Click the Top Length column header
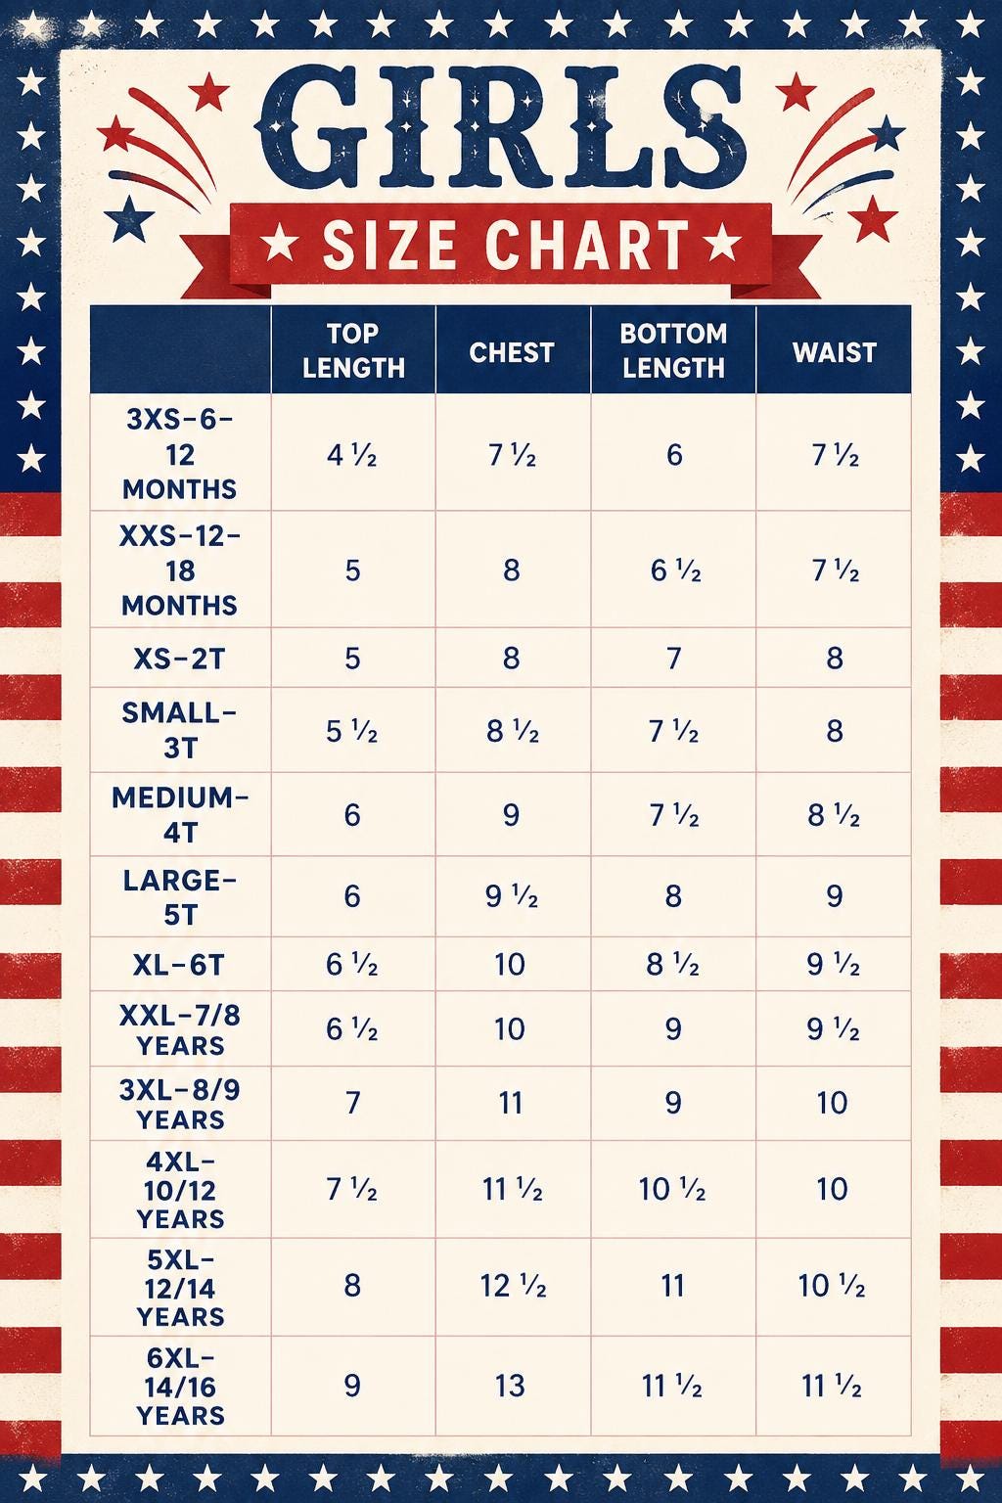(x=353, y=350)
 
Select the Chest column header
(x=512, y=352)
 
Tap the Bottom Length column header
(x=673, y=350)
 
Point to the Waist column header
(x=835, y=352)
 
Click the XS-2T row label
(x=179, y=659)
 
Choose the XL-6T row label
(x=178, y=965)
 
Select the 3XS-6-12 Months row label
(x=179, y=454)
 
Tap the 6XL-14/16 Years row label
(x=180, y=1387)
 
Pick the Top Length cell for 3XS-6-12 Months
(x=351, y=456)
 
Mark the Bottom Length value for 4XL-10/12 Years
(x=672, y=1190)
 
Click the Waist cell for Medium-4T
(x=834, y=815)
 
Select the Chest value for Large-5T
(x=512, y=895)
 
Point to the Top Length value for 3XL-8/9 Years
(x=353, y=1103)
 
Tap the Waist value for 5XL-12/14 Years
(x=832, y=1286)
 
